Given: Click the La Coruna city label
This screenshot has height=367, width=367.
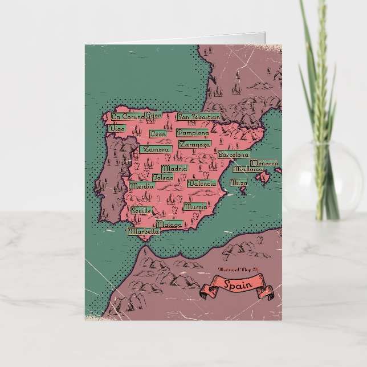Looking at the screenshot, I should [127, 116].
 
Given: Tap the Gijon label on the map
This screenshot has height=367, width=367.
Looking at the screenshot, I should [153, 115].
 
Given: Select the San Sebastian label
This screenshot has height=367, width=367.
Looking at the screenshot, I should [199, 117].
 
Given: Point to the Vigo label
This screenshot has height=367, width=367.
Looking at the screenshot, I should [116, 129].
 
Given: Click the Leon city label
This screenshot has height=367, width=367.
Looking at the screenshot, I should [158, 134].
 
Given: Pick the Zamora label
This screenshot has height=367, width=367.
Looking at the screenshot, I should [155, 149].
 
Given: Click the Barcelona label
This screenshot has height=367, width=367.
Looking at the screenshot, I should [234, 154].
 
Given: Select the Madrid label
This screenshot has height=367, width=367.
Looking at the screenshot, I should [174, 169].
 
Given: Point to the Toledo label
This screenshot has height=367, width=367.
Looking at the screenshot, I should [162, 177].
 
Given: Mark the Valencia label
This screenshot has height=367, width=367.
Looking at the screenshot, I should [202, 183].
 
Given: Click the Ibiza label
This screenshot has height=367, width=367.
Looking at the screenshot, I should [238, 183].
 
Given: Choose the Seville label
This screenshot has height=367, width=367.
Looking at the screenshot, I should [141, 210].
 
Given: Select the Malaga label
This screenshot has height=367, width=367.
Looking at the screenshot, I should [169, 224].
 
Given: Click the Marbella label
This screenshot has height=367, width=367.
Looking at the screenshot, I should [143, 232].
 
